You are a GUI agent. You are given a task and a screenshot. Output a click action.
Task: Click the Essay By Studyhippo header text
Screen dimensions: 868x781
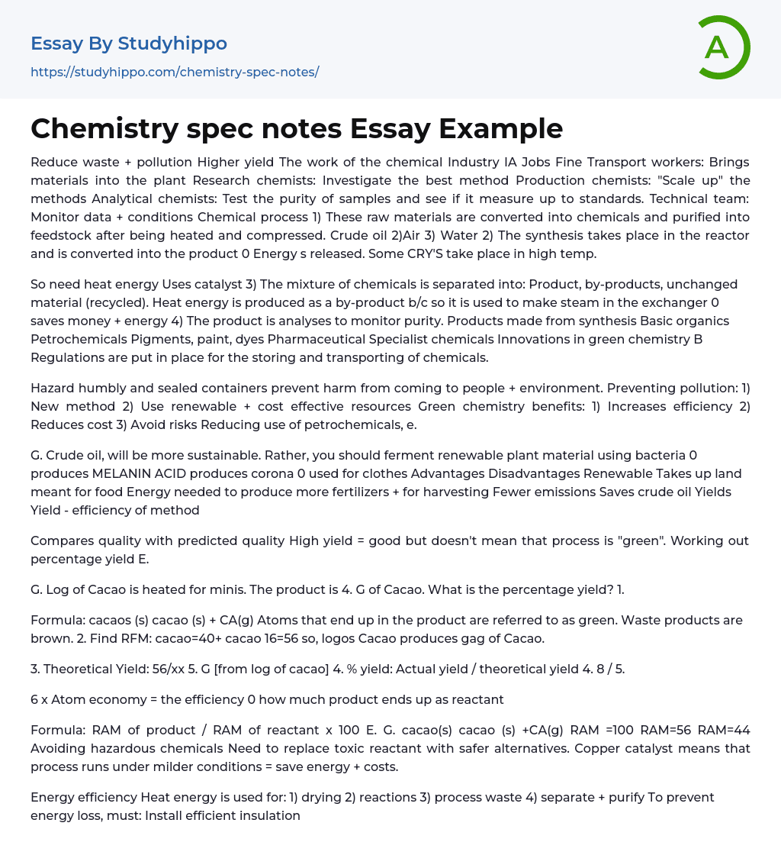point(128,44)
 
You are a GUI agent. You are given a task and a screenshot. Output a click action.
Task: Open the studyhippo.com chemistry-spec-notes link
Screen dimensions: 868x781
point(175,72)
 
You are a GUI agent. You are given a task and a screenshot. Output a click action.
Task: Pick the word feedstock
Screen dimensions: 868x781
point(63,235)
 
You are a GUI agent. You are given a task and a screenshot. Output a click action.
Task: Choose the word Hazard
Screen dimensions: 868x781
point(53,388)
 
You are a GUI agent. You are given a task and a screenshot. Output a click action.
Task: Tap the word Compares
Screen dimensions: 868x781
point(61,540)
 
